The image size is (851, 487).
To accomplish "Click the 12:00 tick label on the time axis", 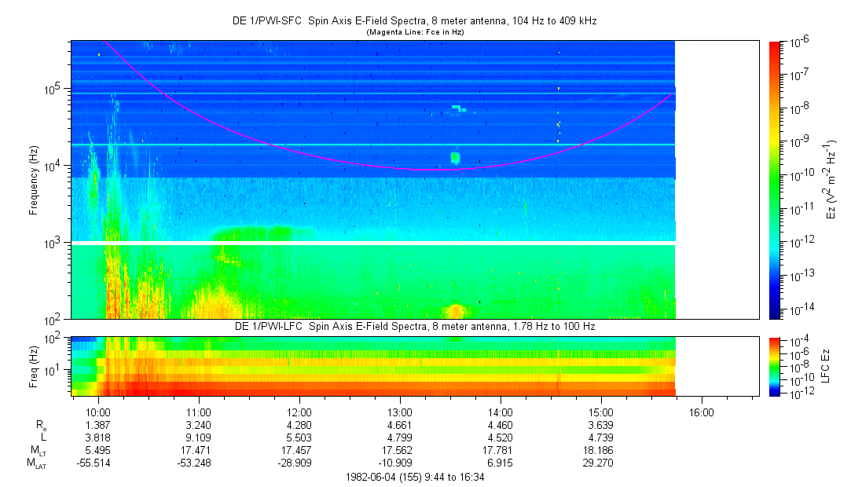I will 299,412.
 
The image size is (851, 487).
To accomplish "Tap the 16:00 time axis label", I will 702,412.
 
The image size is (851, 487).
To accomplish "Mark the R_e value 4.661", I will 400,424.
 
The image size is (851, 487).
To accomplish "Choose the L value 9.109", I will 199,437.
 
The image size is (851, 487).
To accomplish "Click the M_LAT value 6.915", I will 501,462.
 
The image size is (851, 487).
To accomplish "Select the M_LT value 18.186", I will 601,449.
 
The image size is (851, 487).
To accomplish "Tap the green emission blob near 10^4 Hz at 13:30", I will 455,158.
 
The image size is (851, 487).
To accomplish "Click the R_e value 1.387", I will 98,424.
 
